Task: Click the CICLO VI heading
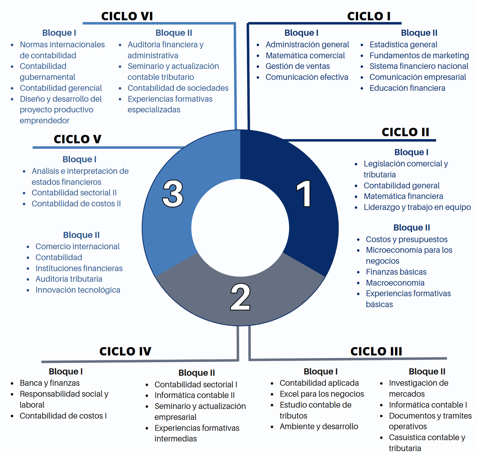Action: tap(127, 16)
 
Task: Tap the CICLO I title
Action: tap(369, 16)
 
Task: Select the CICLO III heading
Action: tap(376, 351)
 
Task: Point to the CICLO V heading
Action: tap(77, 139)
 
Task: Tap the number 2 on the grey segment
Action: tap(240, 297)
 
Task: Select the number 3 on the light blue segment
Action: tap(173, 194)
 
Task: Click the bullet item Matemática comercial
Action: tap(305, 55)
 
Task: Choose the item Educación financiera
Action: tap(407, 88)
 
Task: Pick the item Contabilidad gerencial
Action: tap(61, 88)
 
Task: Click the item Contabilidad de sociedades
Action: tap(178, 88)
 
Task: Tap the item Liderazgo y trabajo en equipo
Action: tap(417, 207)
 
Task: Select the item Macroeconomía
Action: tap(395, 283)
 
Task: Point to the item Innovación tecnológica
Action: tap(78, 290)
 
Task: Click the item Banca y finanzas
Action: tap(50, 383)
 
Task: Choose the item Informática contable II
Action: tap(194, 395)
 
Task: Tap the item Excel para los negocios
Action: tap(322, 394)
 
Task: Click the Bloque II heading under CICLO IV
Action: tap(196, 373)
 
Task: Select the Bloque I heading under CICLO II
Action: tap(411, 152)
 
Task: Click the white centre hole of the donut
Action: tap(240, 228)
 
